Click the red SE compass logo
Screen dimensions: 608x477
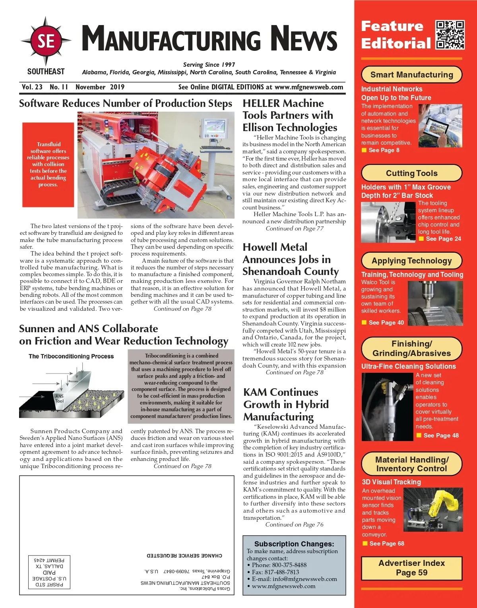click(46, 41)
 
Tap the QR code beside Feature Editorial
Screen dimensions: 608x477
click(450, 35)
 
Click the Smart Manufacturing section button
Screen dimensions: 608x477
click(411, 75)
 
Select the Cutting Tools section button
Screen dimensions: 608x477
click(411, 173)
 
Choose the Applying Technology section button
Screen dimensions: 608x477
click(411, 261)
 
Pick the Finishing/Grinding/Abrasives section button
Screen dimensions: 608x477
click(411, 349)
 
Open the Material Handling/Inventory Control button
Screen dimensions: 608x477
click(411, 464)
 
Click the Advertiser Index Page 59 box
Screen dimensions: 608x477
click(411, 568)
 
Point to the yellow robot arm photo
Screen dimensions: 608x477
click(433, 509)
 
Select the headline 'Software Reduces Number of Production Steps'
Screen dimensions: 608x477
click(126, 103)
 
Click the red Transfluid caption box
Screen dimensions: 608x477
click(48, 165)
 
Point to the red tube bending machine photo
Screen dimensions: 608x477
click(156, 165)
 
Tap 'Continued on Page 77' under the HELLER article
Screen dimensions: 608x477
click(295, 228)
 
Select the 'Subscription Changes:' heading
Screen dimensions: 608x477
click(294, 544)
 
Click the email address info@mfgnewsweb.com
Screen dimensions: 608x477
click(294, 579)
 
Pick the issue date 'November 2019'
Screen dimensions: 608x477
click(100, 87)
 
